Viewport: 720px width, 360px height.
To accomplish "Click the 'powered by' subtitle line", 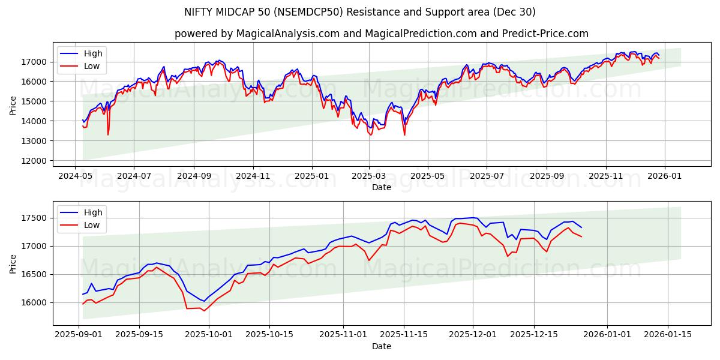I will pyautogui.click(x=381, y=34).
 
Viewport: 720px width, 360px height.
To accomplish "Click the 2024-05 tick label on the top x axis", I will pyautogui.click(x=75, y=177).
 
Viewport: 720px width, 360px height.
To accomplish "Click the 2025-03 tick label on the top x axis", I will pyautogui.click(x=369, y=177).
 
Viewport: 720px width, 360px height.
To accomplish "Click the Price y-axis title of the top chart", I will pyautogui.click(x=13, y=105).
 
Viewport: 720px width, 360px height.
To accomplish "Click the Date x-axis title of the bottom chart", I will pyautogui.click(x=381, y=346).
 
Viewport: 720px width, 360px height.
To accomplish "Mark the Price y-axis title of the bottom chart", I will pyautogui.click(x=13, y=263).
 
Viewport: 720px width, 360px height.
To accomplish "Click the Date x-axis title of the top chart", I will pyautogui.click(x=381, y=187).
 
